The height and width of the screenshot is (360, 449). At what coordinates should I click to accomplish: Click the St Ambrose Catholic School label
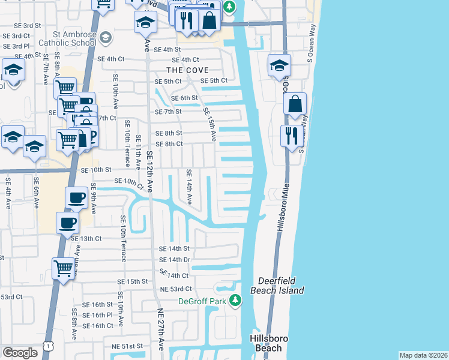66,38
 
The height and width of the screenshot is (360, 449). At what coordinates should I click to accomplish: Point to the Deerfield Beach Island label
281,286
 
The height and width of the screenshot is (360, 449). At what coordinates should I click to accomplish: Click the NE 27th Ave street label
160,329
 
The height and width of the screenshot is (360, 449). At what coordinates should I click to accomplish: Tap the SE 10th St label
97,170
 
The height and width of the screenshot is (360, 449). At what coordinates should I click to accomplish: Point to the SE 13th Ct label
86,238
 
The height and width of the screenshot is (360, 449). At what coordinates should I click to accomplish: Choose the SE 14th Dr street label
174,260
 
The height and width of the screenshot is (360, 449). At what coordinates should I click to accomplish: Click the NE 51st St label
127,346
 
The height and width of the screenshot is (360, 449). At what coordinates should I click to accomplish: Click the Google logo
20,352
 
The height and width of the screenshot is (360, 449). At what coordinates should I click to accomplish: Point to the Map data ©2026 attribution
423,355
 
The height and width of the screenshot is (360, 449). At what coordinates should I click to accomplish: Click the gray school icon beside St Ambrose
106,38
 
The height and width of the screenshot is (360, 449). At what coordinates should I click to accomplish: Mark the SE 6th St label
184,98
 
